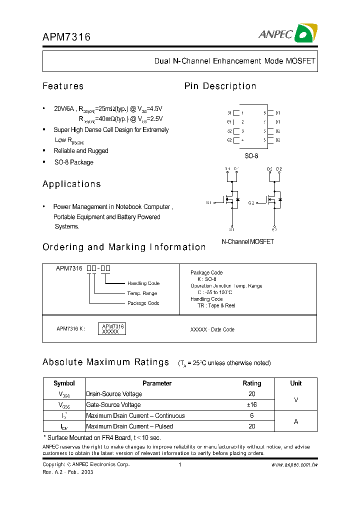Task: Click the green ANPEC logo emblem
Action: pyautogui.click(x=304, y=33)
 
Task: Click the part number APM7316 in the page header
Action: pyautogui.click(x=66, y=37)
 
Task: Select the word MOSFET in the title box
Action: pyautogui.click(x=300, y=61)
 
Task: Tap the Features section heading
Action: pyautogui.click(x=63, y=86)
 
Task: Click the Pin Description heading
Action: pyautogui.click(x=220, y=86)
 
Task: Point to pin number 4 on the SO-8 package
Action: pyautogui.click(x=242, y=140)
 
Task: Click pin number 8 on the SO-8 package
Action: pyautogui.click(x=264, y=113)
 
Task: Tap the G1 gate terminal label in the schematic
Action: pyautogui.click(x=209, y=202)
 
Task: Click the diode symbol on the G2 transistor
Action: pyautogui.click(x=280, y=200)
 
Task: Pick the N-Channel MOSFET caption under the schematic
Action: pyautogui.click(x=247, y=241)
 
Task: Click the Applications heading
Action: pyautogui.click(x=71, y=184)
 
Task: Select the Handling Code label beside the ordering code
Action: pyautogui.click(x=143, y=283)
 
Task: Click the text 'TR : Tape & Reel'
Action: pyautogui.click(x=216, y=305)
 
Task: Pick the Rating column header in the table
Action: pyautogui.click(x=251, y=383)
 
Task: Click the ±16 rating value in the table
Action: pyautogui.click(x=251, y=405)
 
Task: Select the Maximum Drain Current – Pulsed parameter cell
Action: pyautogui.click(x=129, y=426)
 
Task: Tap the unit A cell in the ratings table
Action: pyautogui.click(x=295, y=421)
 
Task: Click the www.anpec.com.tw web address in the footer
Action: pyautogui.click(x=294, y=464)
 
